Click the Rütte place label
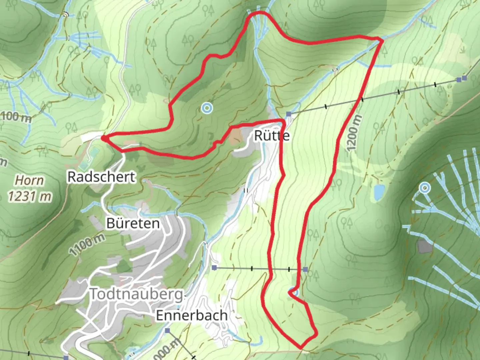tap(272, 136)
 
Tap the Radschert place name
tap(101, 177)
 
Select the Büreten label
tap(133, 223)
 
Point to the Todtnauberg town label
tap(137, 294)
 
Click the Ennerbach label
tap(192, 315)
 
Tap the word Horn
tap(30, 180)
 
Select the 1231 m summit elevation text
tap(30, 196)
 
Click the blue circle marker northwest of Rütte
tap(207, 108)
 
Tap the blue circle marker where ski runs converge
tap(424, 188)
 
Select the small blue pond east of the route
tap(379, 192)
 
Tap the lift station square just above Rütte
tap(288, 114)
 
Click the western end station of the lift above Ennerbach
tap(214, 267)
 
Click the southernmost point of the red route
tap(301, 348)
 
